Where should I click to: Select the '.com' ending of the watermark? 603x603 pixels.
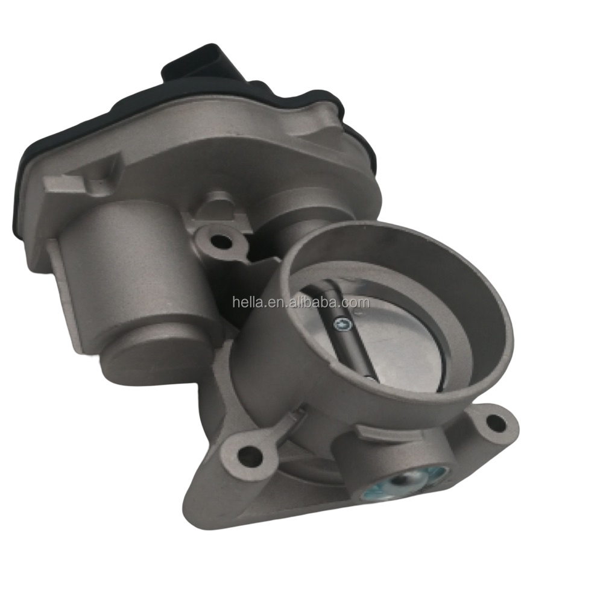358,302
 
